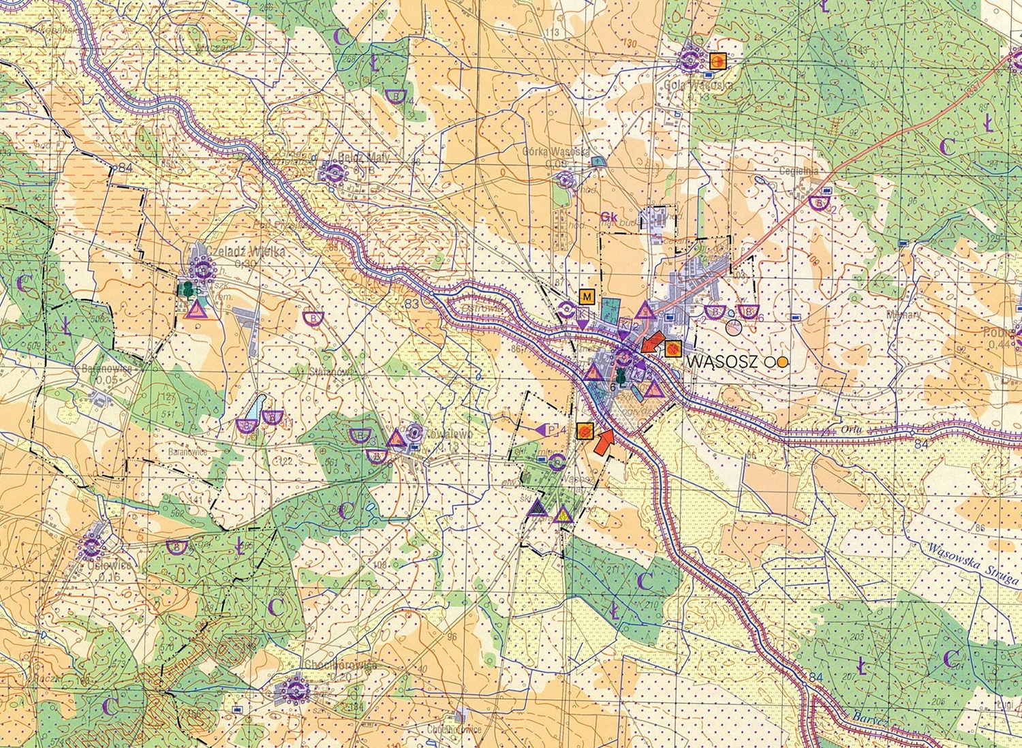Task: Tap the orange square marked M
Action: [x=587, y=297]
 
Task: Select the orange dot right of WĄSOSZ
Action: [x=783, y=362]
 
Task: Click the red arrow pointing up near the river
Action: [x=604, y=441]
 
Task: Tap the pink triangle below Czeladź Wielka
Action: [x=196, y=311]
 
